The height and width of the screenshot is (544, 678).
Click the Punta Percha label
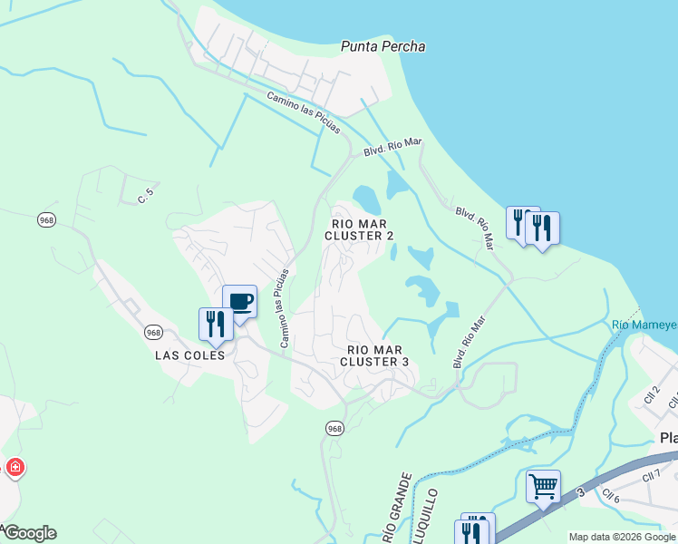pyautogui.click(x=383, y=46)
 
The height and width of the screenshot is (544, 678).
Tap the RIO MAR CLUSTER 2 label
pyautogui.click(x=360, y=229)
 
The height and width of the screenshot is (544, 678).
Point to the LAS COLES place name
pyautogui.click(x=190, y=355)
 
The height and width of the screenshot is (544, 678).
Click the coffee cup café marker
pyautogui.click(x=240, y=303)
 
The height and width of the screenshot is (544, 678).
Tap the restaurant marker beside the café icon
pyautogui.click(x=216, y=325)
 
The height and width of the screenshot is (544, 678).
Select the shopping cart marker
pyautogui.click(x=543, y=488)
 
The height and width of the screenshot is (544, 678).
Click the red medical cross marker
pyautogui.click(x=15, y=468)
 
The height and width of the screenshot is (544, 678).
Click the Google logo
pyautogui.click(x=29, y=533)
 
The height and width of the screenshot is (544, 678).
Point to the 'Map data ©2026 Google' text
pyautogui.click(x=622, y=537)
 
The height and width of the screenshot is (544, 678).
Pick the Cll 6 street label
pyautogui.click(x=610, y=496)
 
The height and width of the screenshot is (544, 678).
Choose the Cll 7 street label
pyautogui.click(x=652, y=477)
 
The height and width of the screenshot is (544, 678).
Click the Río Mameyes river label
pyautogui.click(x=644, y=325)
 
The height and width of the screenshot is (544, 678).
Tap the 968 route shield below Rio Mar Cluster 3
pyautogui.click(x=334, y=428)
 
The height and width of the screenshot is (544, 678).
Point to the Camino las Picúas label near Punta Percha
pyautogui.click(x=303, y=112)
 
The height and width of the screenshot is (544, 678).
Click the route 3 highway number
pyautogui.click(x=581, y=492)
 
